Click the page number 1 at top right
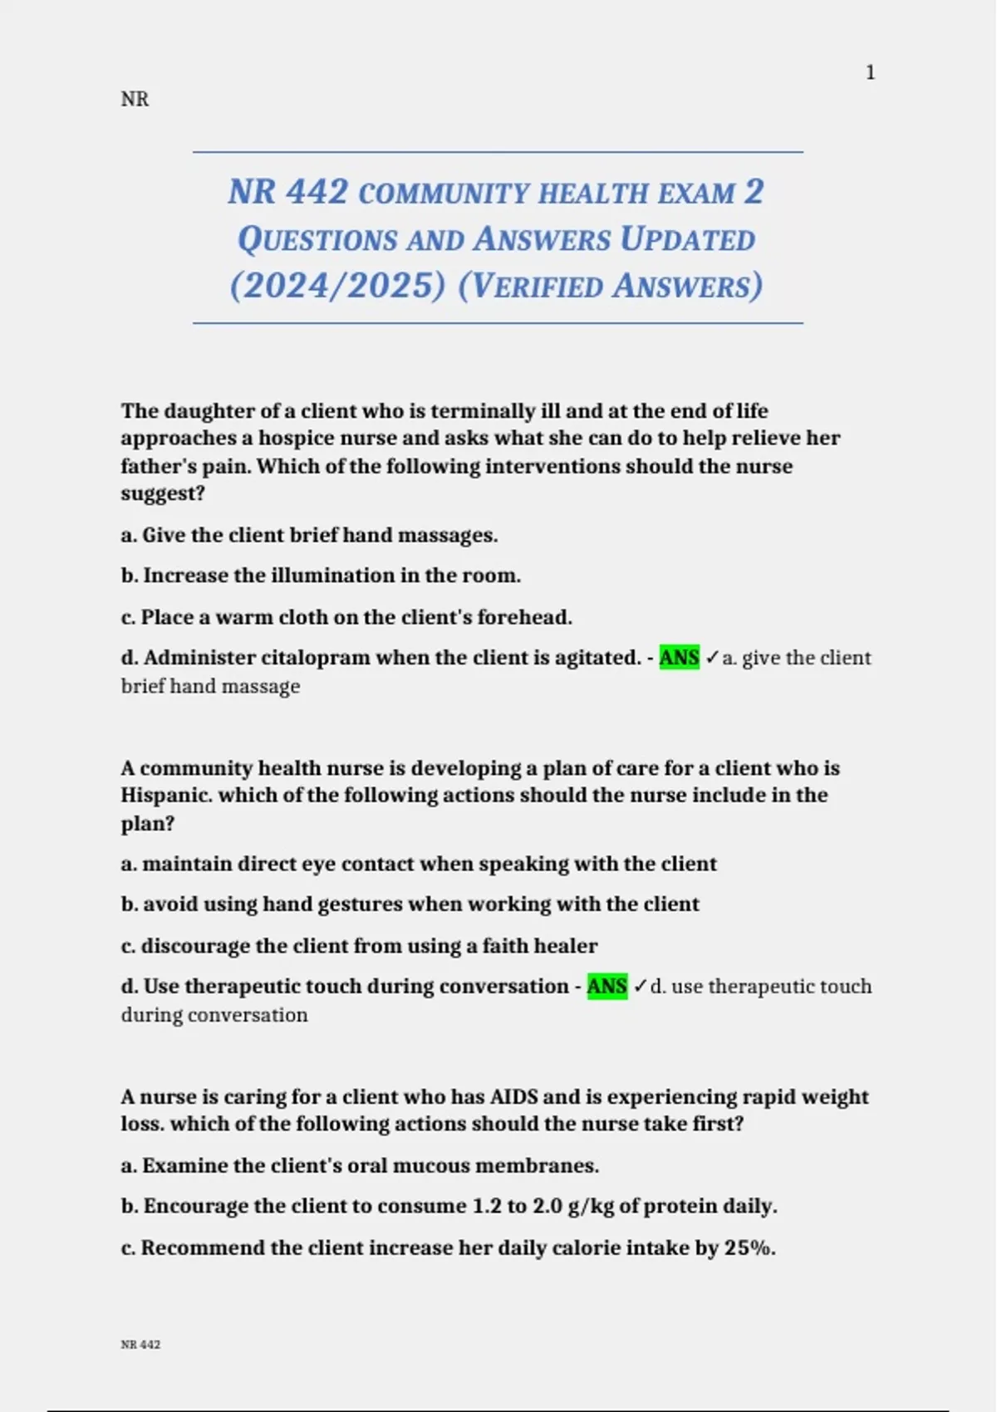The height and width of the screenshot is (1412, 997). (870, 73)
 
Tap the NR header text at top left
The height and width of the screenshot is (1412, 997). (135, 100)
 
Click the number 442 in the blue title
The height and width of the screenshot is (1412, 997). (317, 192)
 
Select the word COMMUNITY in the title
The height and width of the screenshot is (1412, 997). (444, 194)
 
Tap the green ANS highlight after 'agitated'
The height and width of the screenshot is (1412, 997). (679, 658)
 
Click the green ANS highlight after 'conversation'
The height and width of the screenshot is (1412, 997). (607, 987)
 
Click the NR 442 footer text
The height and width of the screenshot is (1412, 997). (140, 1345)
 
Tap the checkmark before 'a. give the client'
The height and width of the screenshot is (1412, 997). (712, 658)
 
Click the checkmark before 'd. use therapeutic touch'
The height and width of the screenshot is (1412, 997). (640, 987)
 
